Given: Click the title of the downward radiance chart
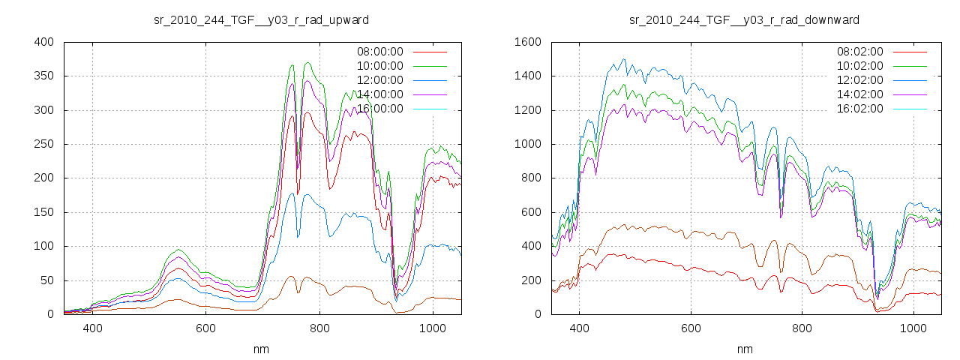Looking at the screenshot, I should coord(744,19).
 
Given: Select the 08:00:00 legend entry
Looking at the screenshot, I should coord(379,52).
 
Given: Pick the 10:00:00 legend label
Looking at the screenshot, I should coord(379,66).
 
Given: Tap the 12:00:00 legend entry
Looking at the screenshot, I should coord(379,80).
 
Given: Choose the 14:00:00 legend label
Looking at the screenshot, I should coord(379,94).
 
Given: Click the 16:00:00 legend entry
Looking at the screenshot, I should coord(379,109).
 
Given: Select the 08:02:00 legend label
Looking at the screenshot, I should coord(859,52).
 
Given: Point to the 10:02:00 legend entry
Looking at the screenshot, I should coord(859,66).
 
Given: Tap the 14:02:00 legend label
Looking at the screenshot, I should coord(859,94).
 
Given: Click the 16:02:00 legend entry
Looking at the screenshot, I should coord(859,109).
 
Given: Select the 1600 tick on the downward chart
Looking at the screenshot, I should coord(528,42).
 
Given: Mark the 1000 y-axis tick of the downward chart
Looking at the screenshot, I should coord(528,145).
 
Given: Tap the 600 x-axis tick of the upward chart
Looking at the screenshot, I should coord(206,328).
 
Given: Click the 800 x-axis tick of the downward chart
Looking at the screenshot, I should coord(802,328).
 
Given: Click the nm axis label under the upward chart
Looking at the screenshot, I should coord(261,349).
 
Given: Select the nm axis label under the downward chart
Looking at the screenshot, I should coord(744,349).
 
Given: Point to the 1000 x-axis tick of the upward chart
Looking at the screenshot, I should coord(433,328).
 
